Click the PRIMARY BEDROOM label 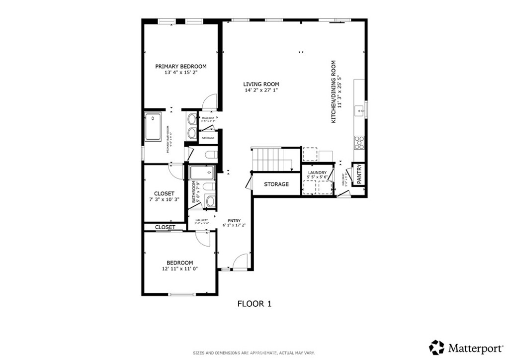(x=180, y=66)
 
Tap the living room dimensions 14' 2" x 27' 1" (x=261, y=90)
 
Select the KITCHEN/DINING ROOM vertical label (x=334, y=92)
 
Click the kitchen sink (x=358, y=109)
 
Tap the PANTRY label (x=359, y=174)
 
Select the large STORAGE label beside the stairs (x=276, y=184)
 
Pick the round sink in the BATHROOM (x=210, y=202)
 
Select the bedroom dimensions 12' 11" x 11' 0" (x=179, y=269)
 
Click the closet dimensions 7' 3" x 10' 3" (x=164, y=199)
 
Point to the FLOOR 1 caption (x=254, y=303)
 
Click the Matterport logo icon (x=436, y=347)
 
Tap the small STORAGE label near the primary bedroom (x=208, y=138)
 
